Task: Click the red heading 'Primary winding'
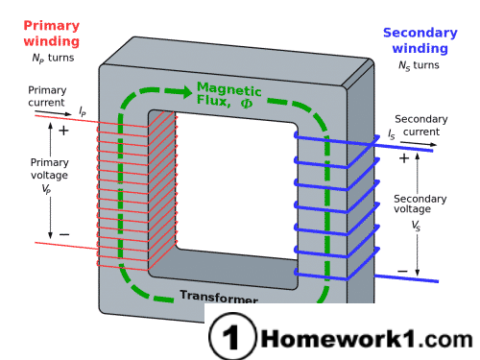(50, 35)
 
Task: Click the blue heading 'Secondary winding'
(420, 40)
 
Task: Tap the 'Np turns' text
(53, 59)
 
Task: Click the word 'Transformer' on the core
(218, 297)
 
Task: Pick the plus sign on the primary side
(64, 130)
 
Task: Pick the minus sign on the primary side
(64, 233)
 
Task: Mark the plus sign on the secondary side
(403, 158)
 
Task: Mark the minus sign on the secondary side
(402, 271)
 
